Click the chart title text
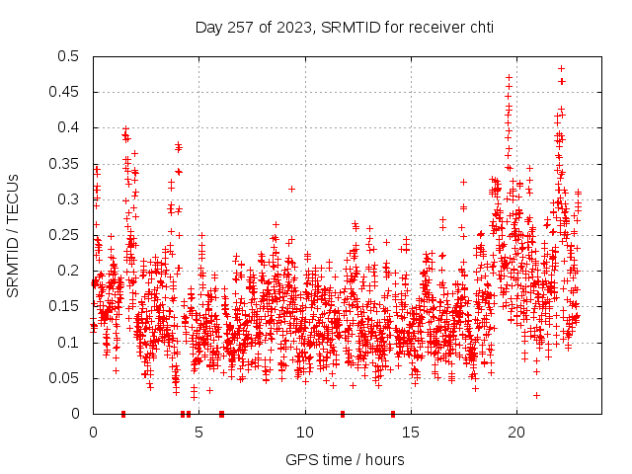(x=344, y=27)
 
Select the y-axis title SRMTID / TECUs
(x=13, y=235)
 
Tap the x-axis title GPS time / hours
(x=345, y=459)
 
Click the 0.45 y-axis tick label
(x=68, y=92)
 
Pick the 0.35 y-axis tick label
(x=68, y=164)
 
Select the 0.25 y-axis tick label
(x=68, y=235)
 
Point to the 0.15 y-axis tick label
(x=68, y=306)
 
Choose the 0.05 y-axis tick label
(x=68, y=378)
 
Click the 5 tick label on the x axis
(x=199, y=433)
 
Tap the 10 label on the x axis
(x=305, y=433)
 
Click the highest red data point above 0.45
(x=561, y=69)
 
